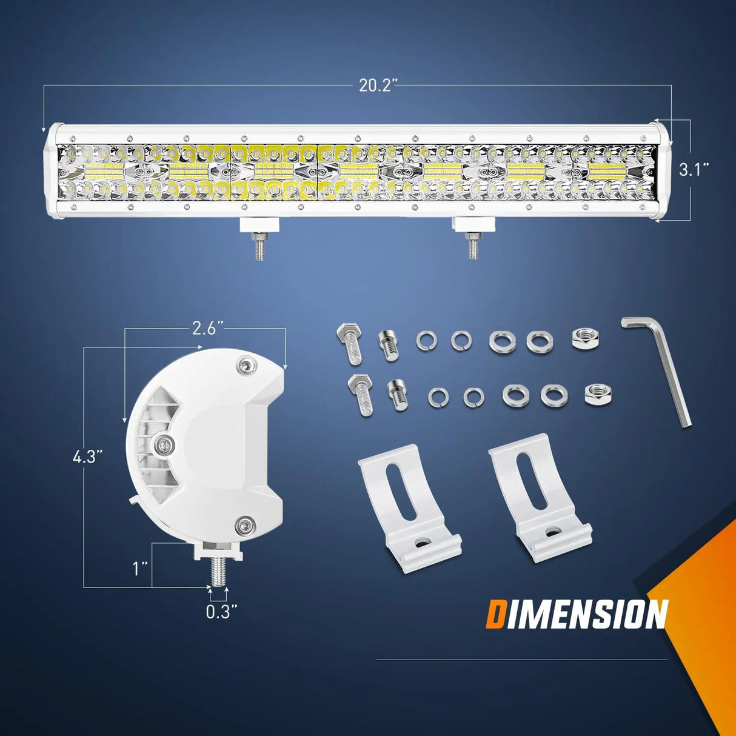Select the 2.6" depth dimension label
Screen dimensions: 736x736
[x=204, y=329]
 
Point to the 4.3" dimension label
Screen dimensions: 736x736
[x=84, y=457]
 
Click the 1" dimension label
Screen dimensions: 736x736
[x=140, y=569]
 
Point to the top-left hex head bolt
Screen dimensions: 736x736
[x=350, y=343]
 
